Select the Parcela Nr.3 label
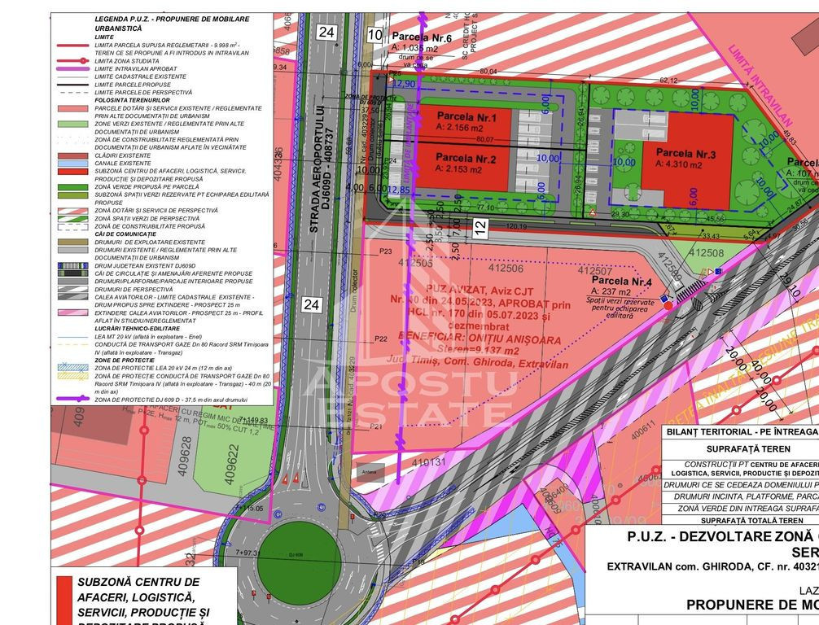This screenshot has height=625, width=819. (685, 153)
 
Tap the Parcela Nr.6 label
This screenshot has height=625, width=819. (422, 37)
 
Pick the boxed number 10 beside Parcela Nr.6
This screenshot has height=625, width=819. (374, 34)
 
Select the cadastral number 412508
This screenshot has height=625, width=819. (706, 254)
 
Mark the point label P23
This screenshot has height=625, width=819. (385, 251)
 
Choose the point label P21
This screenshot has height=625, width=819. (376, 426)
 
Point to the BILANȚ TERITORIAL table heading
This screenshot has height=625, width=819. (739, 431)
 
